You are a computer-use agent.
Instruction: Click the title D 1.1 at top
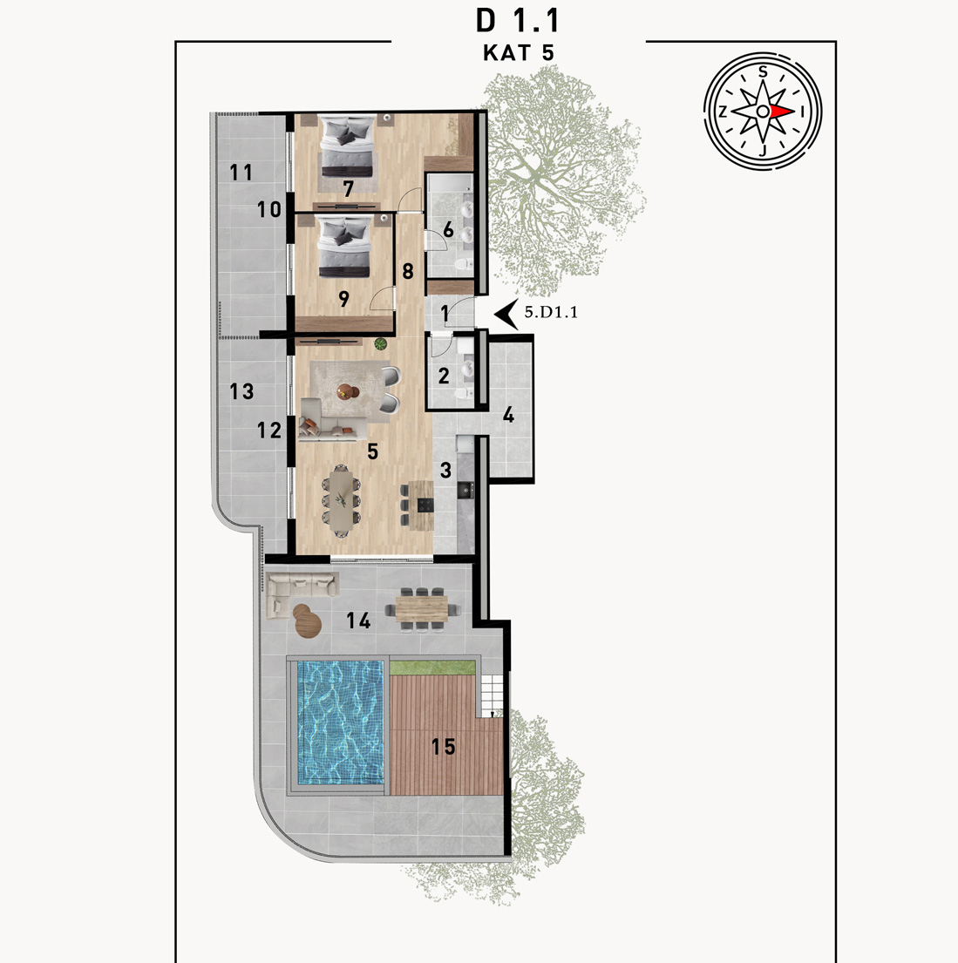[x=518, y=21]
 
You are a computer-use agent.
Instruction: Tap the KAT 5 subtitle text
[x=519, y=53]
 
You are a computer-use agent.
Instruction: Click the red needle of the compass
[x=782, y=112]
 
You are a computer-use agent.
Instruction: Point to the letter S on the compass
[x=763, y=71]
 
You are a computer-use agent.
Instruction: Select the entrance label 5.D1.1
[x=551, y=312]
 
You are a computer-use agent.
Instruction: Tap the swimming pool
[x=340, y=722]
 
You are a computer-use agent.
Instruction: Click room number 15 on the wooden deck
[x=443, y=747]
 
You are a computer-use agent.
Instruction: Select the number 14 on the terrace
[x=358, y=621]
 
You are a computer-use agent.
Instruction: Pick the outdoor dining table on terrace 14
[x=422, y=608]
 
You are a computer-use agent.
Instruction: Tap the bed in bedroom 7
[x=348, y=146]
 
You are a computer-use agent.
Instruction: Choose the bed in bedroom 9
[x=344, y=246]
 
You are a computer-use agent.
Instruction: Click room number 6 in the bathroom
[x=448, y=230]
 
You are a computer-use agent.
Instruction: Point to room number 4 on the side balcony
[x=508, y=415]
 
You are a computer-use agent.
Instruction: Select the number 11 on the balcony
[x=241, y=173]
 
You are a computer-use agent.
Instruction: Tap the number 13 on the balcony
[x=241, y=391]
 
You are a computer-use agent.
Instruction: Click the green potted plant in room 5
[x=381, y=344]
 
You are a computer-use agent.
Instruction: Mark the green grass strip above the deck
[x=432, y=668]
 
